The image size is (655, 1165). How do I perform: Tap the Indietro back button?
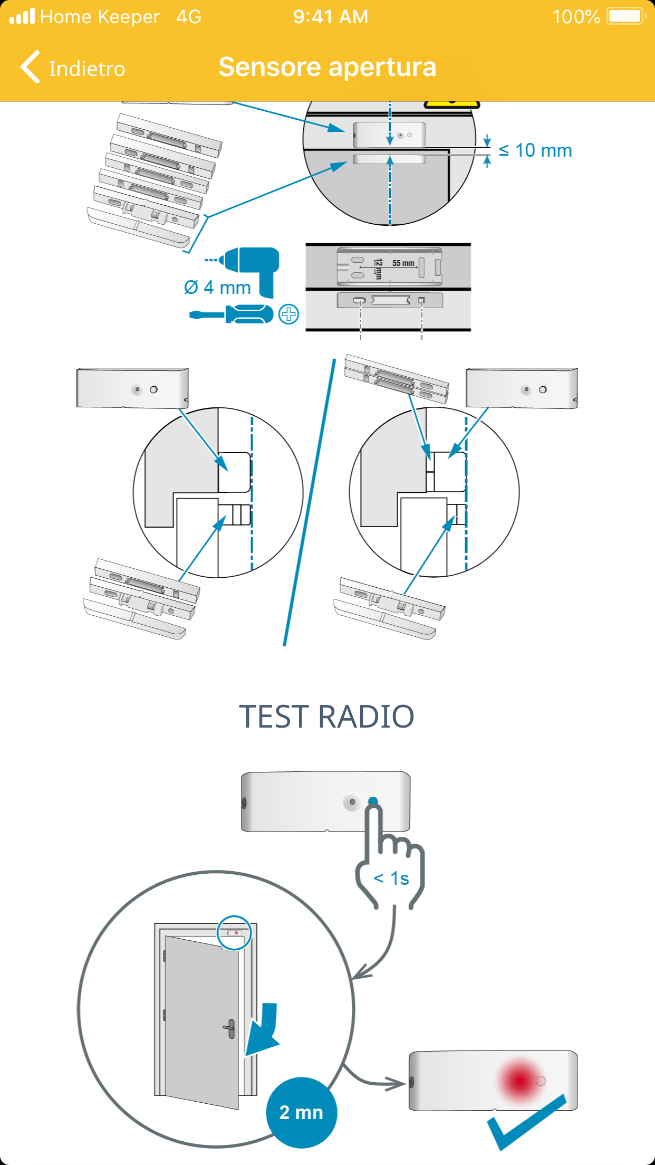(x=73, y=68)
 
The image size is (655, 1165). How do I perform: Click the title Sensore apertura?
(x=327, y=67)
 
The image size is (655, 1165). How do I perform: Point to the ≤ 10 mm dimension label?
(x=535, y=150)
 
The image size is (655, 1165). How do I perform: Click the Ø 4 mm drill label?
(x=217, y=288)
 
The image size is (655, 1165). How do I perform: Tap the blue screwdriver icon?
(x=232, y=314)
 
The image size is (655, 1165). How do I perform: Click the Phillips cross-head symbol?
(x=288, y=314)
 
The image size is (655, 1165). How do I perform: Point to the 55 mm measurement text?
(x=403, y=263)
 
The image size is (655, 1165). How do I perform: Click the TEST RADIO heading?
(x=327, y=717)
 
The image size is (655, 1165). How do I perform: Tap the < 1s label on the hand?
(x=391, y=878)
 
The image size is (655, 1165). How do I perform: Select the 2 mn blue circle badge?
(x=301, y=1112)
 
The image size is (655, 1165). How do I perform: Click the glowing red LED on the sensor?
(x=519, y=1081)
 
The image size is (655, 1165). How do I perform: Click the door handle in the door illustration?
(x=230, y=1028)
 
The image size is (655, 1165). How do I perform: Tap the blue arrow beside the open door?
(x=264, y=1029)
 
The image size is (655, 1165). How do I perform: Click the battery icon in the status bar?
(x=626, y=16)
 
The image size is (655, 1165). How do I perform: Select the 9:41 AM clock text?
(x=331, y=17)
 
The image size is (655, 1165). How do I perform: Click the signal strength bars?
(x=22, y=17)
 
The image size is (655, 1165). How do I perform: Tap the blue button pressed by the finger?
(x=373, y=801)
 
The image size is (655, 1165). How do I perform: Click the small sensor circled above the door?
(x=234, y=933)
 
